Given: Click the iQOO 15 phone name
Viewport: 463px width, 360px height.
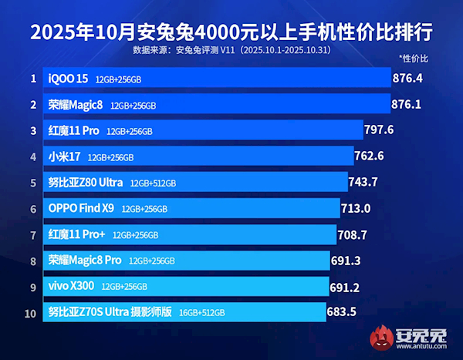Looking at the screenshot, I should tap(68, 79).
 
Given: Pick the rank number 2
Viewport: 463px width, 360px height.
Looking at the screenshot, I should tap(33, 104).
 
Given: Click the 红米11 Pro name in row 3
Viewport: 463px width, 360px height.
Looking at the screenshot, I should tap(74, 130).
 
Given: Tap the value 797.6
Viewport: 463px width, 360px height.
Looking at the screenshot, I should tap(380, 130).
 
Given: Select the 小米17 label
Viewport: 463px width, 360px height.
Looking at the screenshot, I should tap(64, 156).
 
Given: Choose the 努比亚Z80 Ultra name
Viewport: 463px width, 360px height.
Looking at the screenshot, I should tap(85, 183).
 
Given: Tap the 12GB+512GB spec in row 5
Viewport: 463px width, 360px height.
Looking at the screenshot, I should tap(154, 183).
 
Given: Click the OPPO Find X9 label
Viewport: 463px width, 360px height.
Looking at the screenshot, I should tap(81, 208).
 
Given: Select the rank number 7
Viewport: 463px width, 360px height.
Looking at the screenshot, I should tap(33, 234).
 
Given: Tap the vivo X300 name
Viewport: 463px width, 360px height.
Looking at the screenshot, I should tap(71, 286).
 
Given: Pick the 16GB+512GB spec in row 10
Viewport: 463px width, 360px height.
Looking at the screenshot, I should tap(201, 313).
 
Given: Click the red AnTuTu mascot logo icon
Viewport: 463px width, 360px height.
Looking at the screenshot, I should tap(380, 339).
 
